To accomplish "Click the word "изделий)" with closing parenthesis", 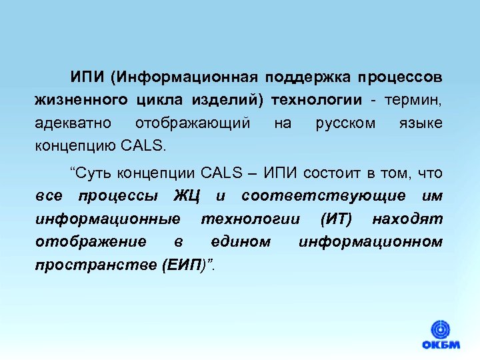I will click(x=227, y=100).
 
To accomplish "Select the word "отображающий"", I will click(x=193, y=123).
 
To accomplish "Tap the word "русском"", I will click(x=345, y=123).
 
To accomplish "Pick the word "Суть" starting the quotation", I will click(x=91, y=173).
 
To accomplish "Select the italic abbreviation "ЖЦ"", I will click(x=187, y=196).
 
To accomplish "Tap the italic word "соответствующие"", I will click(x=323, y=196).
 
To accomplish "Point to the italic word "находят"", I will click(x=407, y=219).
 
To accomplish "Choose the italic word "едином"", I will click(x=241, y=241).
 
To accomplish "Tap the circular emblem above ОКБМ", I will click(x=440, y=329).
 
